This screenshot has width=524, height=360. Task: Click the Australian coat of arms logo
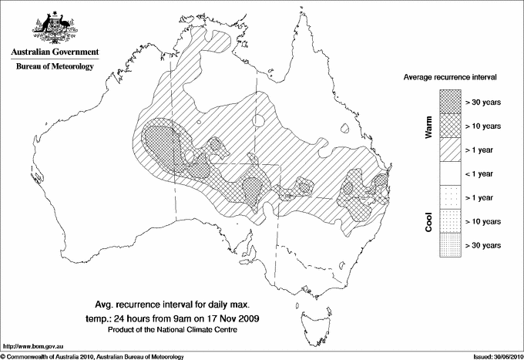pos(54,28)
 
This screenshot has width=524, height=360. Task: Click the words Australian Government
pos(54,52)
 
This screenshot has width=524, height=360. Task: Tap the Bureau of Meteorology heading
pos(54,67)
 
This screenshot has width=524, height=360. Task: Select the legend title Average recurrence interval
pos(450,78)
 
